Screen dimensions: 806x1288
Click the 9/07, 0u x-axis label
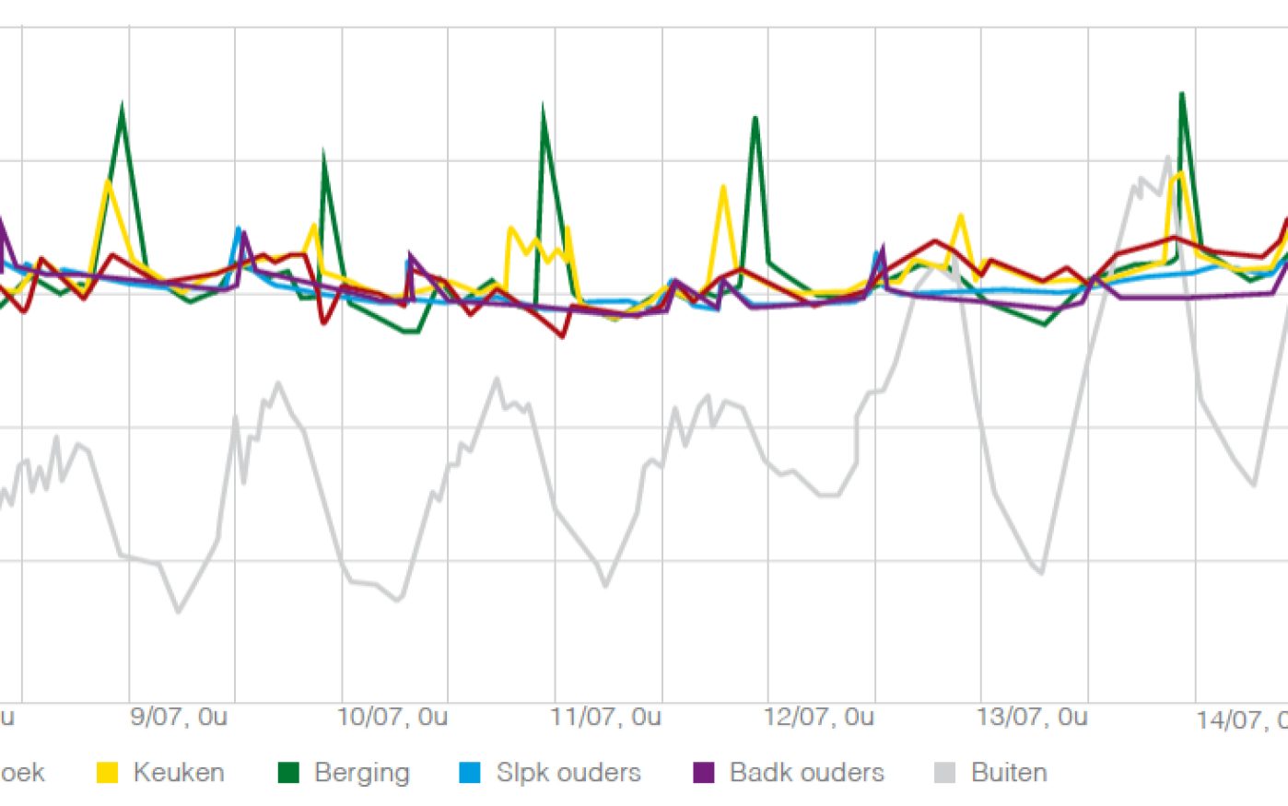tap(179, 717)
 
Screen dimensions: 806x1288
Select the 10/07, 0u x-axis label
tap(392, 717)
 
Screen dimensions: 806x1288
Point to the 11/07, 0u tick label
tap(606, 717)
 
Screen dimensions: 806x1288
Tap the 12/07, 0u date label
tap(819, 717)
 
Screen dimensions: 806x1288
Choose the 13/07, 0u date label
tap(1032, 717)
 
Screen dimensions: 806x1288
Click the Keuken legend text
tap(179, 772)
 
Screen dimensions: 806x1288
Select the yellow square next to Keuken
tap(108, 773)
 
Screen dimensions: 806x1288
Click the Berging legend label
tap(361, 772)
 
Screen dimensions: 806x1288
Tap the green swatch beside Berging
tap(289, 773)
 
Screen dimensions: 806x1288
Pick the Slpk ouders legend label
tap(568, 772)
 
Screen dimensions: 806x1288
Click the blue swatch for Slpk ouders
tap(470, 773)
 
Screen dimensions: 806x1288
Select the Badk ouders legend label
tap(806, 772)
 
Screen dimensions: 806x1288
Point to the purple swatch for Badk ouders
tap(704, 773)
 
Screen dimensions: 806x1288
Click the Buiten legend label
tap(1009, 772)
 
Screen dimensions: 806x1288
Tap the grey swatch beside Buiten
tap(945, 773)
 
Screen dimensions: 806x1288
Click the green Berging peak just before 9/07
tap(123, 109)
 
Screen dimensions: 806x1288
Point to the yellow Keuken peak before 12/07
tap(723, 188)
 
